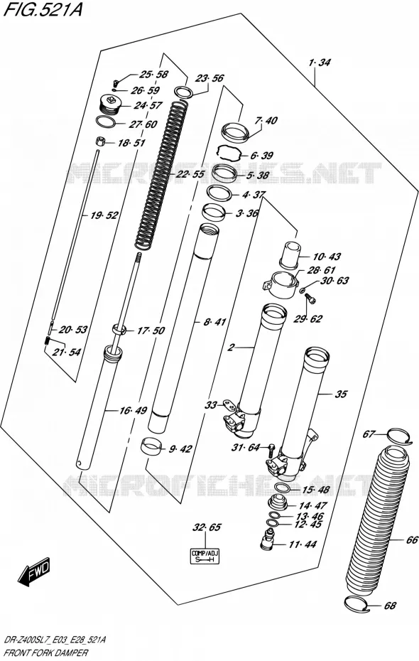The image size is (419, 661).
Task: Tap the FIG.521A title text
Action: (42, 10)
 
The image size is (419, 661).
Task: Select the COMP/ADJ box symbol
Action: (205, 557)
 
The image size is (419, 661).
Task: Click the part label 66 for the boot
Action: (412, 539)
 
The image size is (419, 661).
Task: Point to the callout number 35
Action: (341, 394)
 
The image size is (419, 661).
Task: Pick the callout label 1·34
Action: (319, 63)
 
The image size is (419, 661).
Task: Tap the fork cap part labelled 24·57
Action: (109, 104)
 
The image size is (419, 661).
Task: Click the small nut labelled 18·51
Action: (101, 141)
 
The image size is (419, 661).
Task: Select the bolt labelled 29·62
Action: (310, 299)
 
